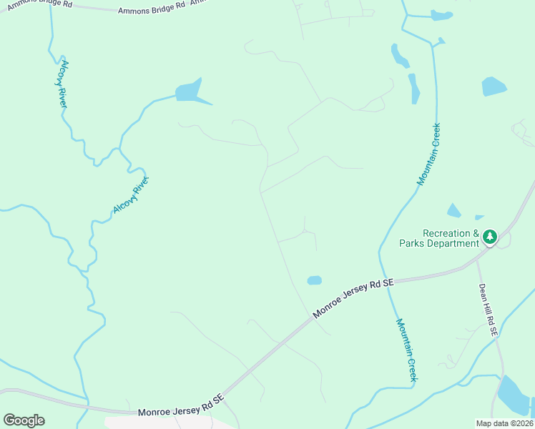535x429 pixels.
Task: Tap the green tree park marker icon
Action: (490, 235)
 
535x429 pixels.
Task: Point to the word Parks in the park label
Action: (414, 244)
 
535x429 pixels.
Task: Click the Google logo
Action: (24, 420)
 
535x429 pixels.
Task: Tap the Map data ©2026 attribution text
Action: (504, 423)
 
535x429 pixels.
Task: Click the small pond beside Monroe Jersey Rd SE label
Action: (314, 280)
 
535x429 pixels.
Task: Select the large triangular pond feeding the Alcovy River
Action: (190, 92)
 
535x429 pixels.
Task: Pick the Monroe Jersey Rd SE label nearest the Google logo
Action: (181, 406)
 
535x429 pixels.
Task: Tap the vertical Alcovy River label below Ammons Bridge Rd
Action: (64, 83)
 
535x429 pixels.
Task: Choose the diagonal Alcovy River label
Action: (130, 194)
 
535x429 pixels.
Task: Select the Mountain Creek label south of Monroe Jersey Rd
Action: (406, 350)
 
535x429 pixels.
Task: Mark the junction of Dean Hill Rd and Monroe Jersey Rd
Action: (476, 262)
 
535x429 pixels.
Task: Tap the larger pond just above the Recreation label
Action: (453, 210)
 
